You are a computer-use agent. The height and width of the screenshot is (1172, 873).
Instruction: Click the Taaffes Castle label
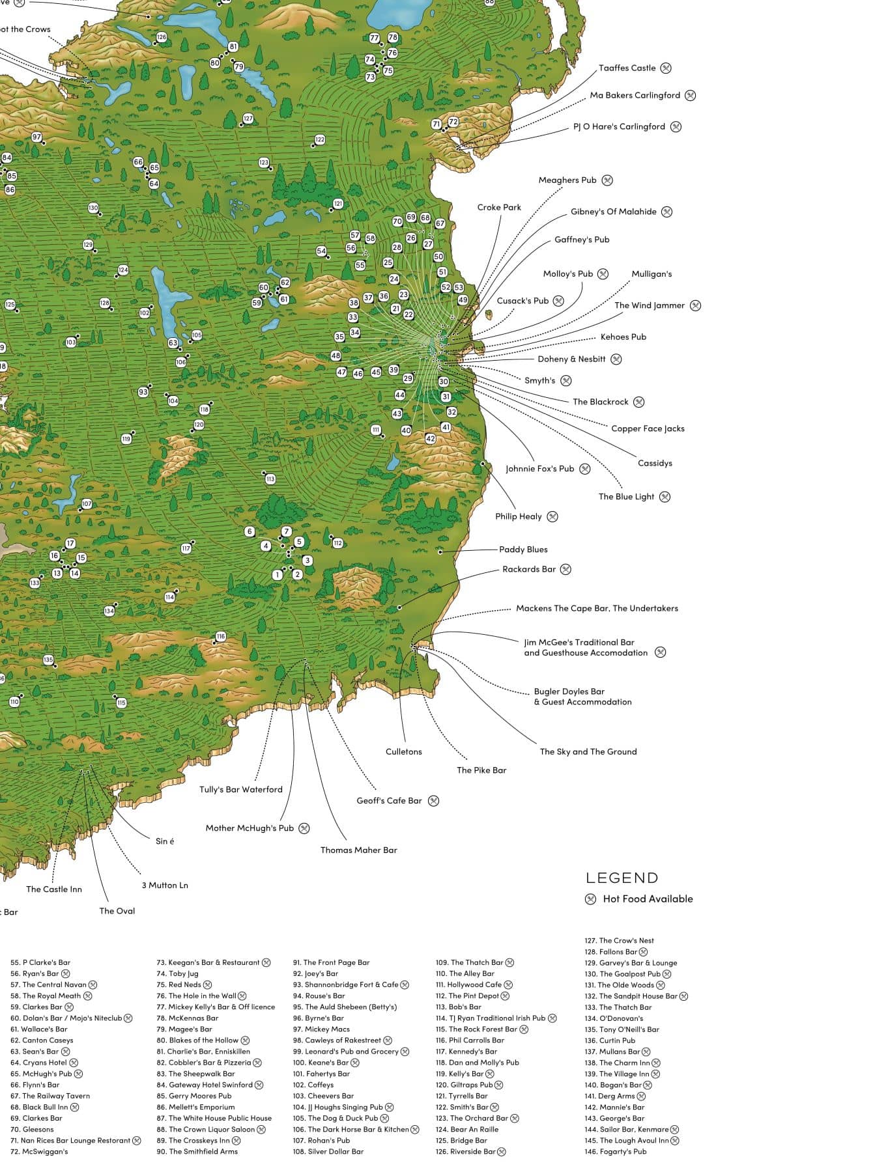[x=627, y=68]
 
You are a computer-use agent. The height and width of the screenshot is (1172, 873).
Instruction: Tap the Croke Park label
[x=499, y=207]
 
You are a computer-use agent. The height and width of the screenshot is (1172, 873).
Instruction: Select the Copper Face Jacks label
[x=648, y=428]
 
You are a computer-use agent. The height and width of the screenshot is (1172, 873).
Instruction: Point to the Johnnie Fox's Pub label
[x=539, y=469]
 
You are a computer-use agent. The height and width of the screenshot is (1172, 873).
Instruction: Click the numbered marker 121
[x=337, y=204]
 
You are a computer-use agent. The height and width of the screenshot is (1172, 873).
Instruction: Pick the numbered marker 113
[x=270, y=479]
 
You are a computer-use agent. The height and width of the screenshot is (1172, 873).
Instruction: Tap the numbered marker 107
[x=87, y=504]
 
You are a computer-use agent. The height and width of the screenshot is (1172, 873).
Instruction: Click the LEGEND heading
[x=622, y=878]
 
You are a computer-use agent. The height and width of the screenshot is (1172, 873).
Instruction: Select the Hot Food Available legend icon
[x=590, y=899]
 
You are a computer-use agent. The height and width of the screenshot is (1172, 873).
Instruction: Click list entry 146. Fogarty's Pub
[x=615, y=1151]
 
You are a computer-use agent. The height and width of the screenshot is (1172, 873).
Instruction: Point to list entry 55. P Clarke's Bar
[x=40, y=962]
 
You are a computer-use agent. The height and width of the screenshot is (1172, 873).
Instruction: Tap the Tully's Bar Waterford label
[x=240, y=789]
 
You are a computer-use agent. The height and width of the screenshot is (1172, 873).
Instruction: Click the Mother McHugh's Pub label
[x=250, y=828]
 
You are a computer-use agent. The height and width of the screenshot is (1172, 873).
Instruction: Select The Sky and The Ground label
[x=588, y=751]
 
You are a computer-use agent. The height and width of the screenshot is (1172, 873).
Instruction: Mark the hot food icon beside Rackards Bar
[x=565, y=569]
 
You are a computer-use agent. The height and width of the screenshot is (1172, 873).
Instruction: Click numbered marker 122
[x=320, y=139]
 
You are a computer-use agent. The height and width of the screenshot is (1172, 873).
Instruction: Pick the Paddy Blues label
[x=523, y=550]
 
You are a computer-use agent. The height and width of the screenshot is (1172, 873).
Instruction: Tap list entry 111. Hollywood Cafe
[x=468, y=984]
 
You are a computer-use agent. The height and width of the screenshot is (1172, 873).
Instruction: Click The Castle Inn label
[x=54, y=889]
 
